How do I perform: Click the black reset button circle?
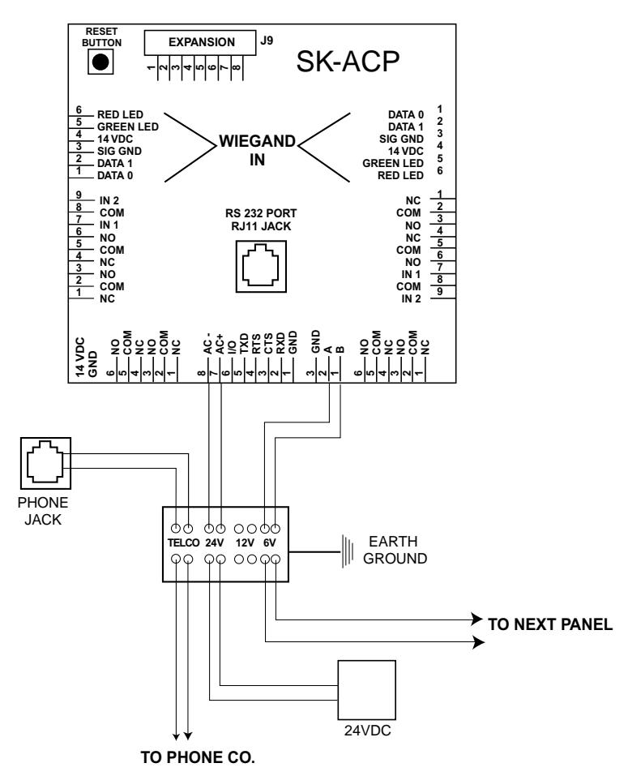pos(100,62)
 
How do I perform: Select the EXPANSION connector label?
pos(202,42)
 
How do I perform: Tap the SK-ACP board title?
pos(348,62)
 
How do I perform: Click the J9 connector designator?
pos(267,41)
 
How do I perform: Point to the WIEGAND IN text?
pos(257,151)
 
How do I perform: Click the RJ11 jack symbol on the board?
pos(261,266)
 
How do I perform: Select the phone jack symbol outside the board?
pos(45,463)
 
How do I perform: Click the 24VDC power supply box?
pos(366,690)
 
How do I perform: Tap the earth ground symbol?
pos(348,551)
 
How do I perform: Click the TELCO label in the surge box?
pos(183,543)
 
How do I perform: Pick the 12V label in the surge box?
pos(245,543)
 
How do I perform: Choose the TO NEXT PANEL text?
pos(550,624)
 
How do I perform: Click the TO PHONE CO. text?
pos(198,757)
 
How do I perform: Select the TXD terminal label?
pos(244,344)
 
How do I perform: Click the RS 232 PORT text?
pos(261,213)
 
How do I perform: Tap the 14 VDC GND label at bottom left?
pos(87,358)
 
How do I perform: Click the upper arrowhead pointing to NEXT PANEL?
pos(477,620)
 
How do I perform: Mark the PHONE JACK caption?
pos(43,511)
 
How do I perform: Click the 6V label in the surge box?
pos(270,543)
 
